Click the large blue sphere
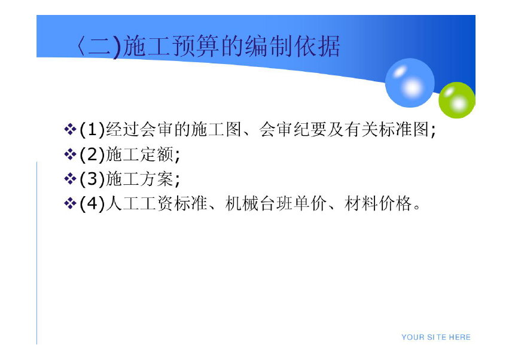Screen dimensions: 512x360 pyautogui.click(x=410, y=83)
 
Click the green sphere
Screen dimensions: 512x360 pyautogui.click(x=457, y=100)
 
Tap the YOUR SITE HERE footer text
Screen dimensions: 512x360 pyautogui.click(x=436, y=337)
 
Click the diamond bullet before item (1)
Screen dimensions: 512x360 pyautogui.click(x=70, y=129)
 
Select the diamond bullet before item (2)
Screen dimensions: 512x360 pyautogui.click(x=70, y=154)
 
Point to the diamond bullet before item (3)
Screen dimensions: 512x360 pyautogui.click(x=70, y=179)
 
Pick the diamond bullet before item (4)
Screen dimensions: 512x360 pyautogui.click(x=70, y=204)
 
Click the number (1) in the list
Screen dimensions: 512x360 pyautogui.click(x=92, y=130)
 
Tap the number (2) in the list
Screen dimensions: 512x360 pyautogui.click(x=92, y=154)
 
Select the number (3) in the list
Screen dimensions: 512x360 pyautogui.click(x=92, y=179)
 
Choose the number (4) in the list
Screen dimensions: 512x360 pyautogui.click(x=92, y=204)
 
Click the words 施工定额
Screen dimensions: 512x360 pyautogui.click(x=139, y=154)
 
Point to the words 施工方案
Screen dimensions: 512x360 pyautogui.click(x=139, y=179)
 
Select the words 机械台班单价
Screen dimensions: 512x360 pyautogui.click(x=276, y=204)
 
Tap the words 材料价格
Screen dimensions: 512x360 pyautogui.click(x=378, y=204)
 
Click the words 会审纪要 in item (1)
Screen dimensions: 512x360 pyautogui.click(x=292, y=130)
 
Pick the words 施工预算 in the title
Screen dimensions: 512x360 pyautogui.click(x=172, y=46)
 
